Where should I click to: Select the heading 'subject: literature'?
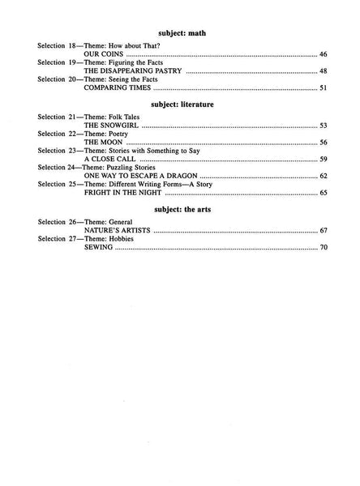(x=180, y=104)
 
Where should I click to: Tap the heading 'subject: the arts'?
(x=180, y=209)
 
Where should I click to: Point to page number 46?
(x=323, y=54)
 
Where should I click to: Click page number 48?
(x=323, y=71)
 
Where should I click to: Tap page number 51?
(x=323, y=88)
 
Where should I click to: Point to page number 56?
(x=323, y=143)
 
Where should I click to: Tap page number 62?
(x=323, y=177)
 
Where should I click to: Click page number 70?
(x=323, y=247)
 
